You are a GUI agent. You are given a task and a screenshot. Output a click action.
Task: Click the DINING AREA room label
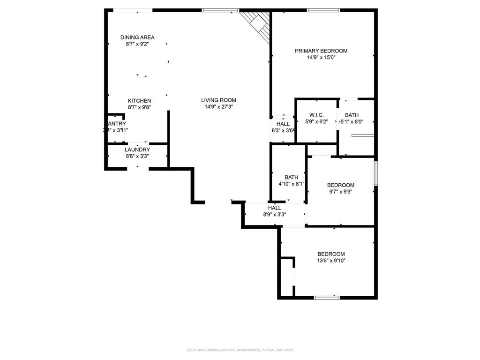(x=137, y=37)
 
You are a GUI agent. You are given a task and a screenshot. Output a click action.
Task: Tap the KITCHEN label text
(x=140, y=101)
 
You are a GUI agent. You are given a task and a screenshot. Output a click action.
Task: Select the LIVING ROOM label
(x=218, y=100)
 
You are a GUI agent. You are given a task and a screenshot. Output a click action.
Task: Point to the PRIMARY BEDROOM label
(x=321, y=51)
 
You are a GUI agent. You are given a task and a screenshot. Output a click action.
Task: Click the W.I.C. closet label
(x=316, y=115)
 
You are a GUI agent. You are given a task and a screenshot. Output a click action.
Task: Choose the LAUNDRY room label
(x=137, y=150)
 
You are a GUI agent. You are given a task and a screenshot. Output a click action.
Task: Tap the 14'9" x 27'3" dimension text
(x=218, y=107)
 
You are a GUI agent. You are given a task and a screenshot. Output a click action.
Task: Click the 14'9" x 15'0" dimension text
(x=321, y=58)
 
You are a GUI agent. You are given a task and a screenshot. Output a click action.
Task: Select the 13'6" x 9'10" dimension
(x=331, y=261)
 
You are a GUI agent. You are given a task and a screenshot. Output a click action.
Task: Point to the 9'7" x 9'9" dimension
(x=340, y=192)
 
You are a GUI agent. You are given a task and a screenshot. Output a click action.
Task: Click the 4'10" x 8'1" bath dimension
(x=292, y=184)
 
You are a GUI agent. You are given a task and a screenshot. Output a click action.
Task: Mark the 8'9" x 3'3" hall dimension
(x=275, y=215)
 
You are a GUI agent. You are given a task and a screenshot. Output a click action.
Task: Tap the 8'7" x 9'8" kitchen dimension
(x=140, y=107)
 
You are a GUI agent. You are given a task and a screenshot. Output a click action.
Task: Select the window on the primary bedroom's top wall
(x=323, y=10)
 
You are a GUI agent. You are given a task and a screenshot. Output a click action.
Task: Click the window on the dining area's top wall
(x=133, y=10)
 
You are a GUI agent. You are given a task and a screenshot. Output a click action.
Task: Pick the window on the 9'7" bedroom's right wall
(x=375, y=173)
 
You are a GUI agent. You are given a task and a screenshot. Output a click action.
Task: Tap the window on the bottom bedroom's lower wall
(x=327, y=297)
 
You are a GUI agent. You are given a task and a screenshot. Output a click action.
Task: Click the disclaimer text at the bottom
(x=240, y=350)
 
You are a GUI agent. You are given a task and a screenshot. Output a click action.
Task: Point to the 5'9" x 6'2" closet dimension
(x=316, y=122)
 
